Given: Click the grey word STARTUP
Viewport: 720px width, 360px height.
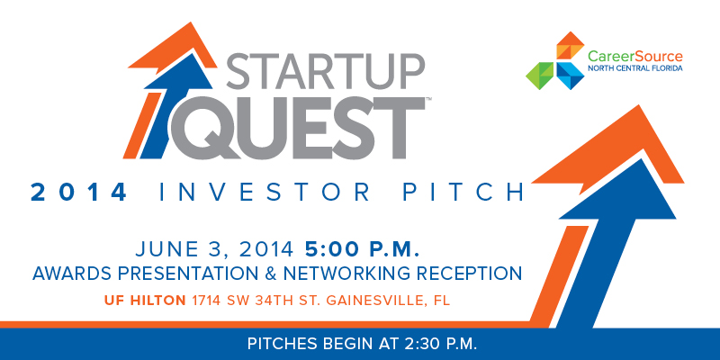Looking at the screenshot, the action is tap(325, 72).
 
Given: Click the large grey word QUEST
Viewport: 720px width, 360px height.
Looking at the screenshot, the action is tap(298, 128).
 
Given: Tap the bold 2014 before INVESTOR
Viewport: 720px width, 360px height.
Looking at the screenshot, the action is tap(78, 193).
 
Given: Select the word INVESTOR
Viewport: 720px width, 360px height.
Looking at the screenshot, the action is tap(264, 193).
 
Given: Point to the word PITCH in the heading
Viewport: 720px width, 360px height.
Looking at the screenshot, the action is tap(463, 193).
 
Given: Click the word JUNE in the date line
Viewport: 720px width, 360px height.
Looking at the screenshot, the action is tap(163, 249).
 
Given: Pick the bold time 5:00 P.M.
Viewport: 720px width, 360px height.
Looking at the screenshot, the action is tap(363, 249).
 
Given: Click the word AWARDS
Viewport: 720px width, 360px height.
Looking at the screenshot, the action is tap(72, 274).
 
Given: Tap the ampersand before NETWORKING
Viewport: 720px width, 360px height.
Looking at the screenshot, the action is tap(269, 274).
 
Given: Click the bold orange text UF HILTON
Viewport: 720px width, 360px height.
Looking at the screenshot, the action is tap(145, 301).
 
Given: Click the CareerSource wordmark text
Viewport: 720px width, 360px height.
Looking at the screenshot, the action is tap(635, 57).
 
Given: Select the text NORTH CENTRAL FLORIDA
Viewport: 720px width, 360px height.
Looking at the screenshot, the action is tap(635, 69).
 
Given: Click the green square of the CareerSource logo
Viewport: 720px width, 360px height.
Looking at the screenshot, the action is tap(541, 76).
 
